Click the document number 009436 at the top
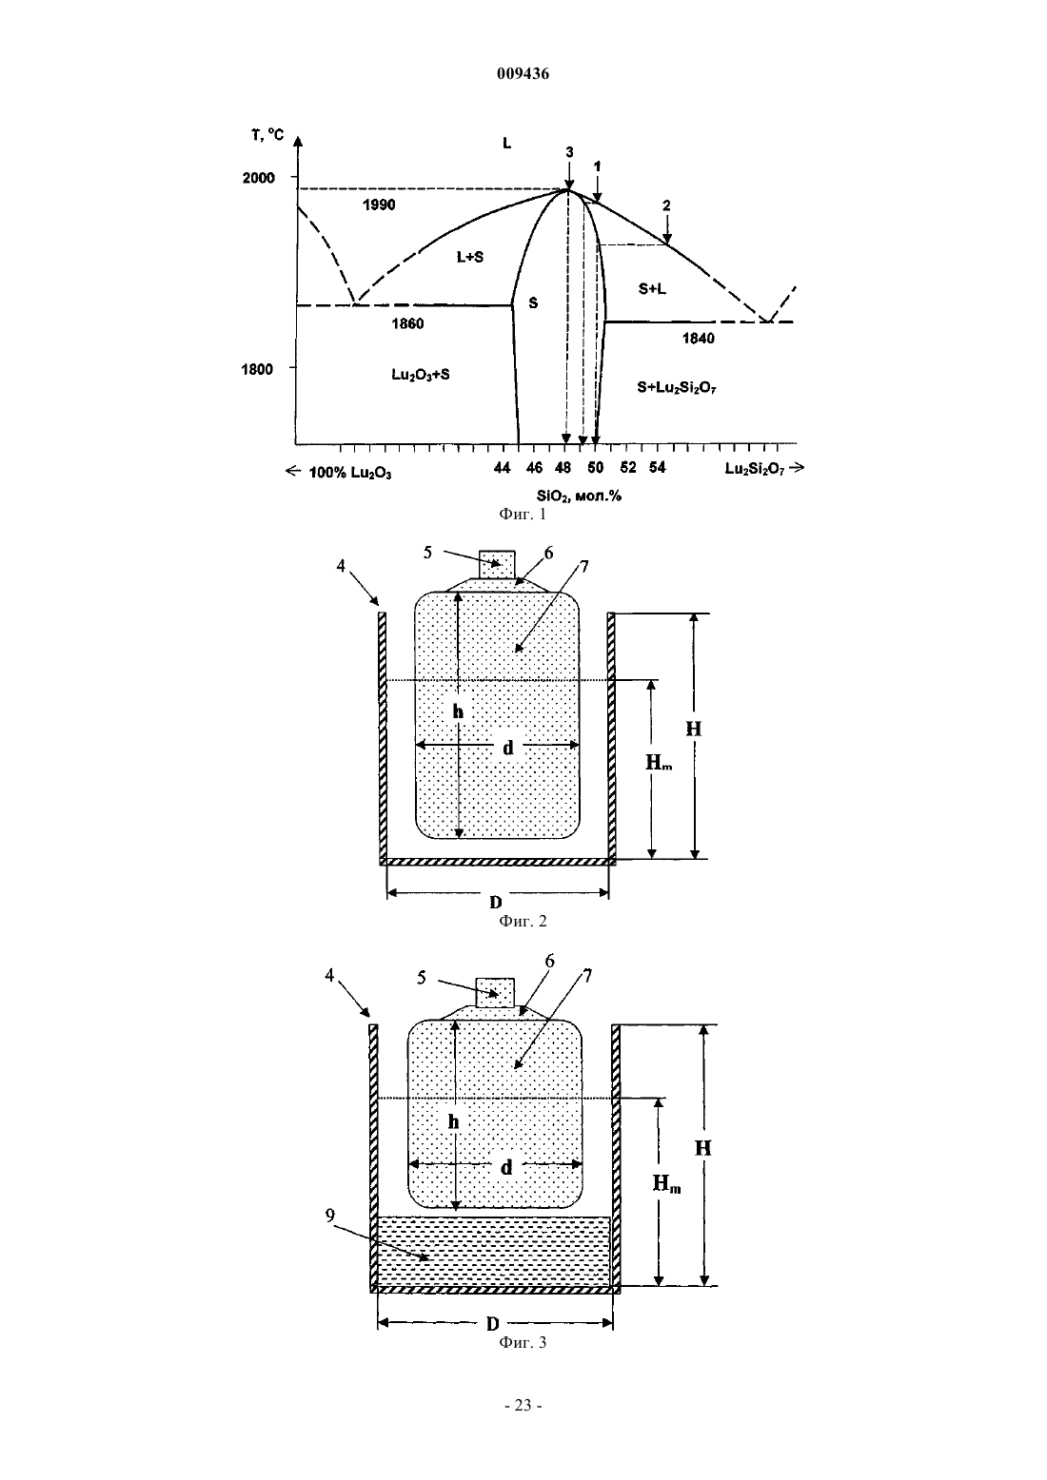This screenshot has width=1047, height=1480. tap(523, 74)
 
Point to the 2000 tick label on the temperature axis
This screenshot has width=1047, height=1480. tap(259, 178)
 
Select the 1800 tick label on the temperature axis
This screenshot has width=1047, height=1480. tap(257, 369)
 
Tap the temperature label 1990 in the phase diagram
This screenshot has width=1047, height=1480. tap(379, 204)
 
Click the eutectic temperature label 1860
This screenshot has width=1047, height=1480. tap(407, 323)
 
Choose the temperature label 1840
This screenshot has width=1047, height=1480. tap(698, 339)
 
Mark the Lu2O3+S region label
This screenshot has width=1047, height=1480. tap(421, 375)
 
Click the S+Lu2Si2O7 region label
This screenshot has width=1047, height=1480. tap(677, 388)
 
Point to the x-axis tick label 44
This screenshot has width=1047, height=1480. tap(503, 468)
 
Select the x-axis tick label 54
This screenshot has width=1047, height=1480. tap(657, 468)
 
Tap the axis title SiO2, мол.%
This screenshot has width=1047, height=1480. tap(579, 496)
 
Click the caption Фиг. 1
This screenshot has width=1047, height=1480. tap(523, 514)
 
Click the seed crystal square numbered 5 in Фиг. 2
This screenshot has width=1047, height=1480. tap(497, 564)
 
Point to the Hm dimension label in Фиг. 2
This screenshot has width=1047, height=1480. tap(659, 763)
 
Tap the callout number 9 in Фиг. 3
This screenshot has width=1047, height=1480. tap(330, 1215)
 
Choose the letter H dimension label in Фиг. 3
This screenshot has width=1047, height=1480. tap(702, 1148)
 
